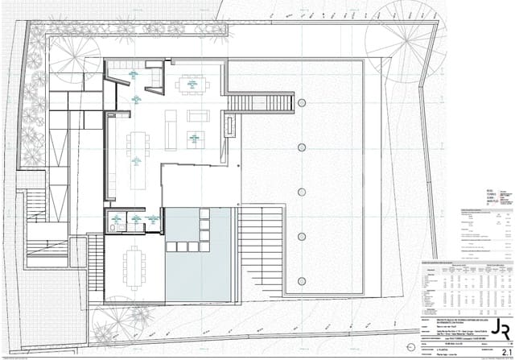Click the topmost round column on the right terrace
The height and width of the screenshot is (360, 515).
pyautogui.click(x=302, y=147)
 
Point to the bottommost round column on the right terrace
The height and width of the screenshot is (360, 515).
pyautogui.click(x=302, y=279)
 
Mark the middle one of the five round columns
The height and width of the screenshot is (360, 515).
pyautogui.click(x=302, y=192)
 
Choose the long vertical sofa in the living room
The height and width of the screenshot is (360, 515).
pyautogui.click(x=171, y=130)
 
